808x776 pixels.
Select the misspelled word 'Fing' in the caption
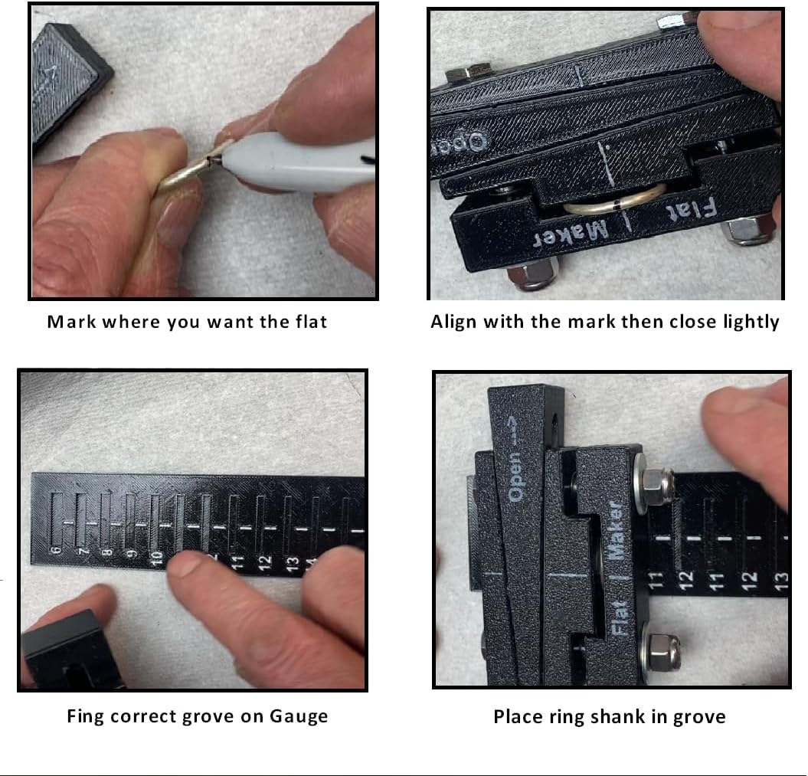click(83, 717)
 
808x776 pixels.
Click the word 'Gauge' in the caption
click(299, 717)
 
